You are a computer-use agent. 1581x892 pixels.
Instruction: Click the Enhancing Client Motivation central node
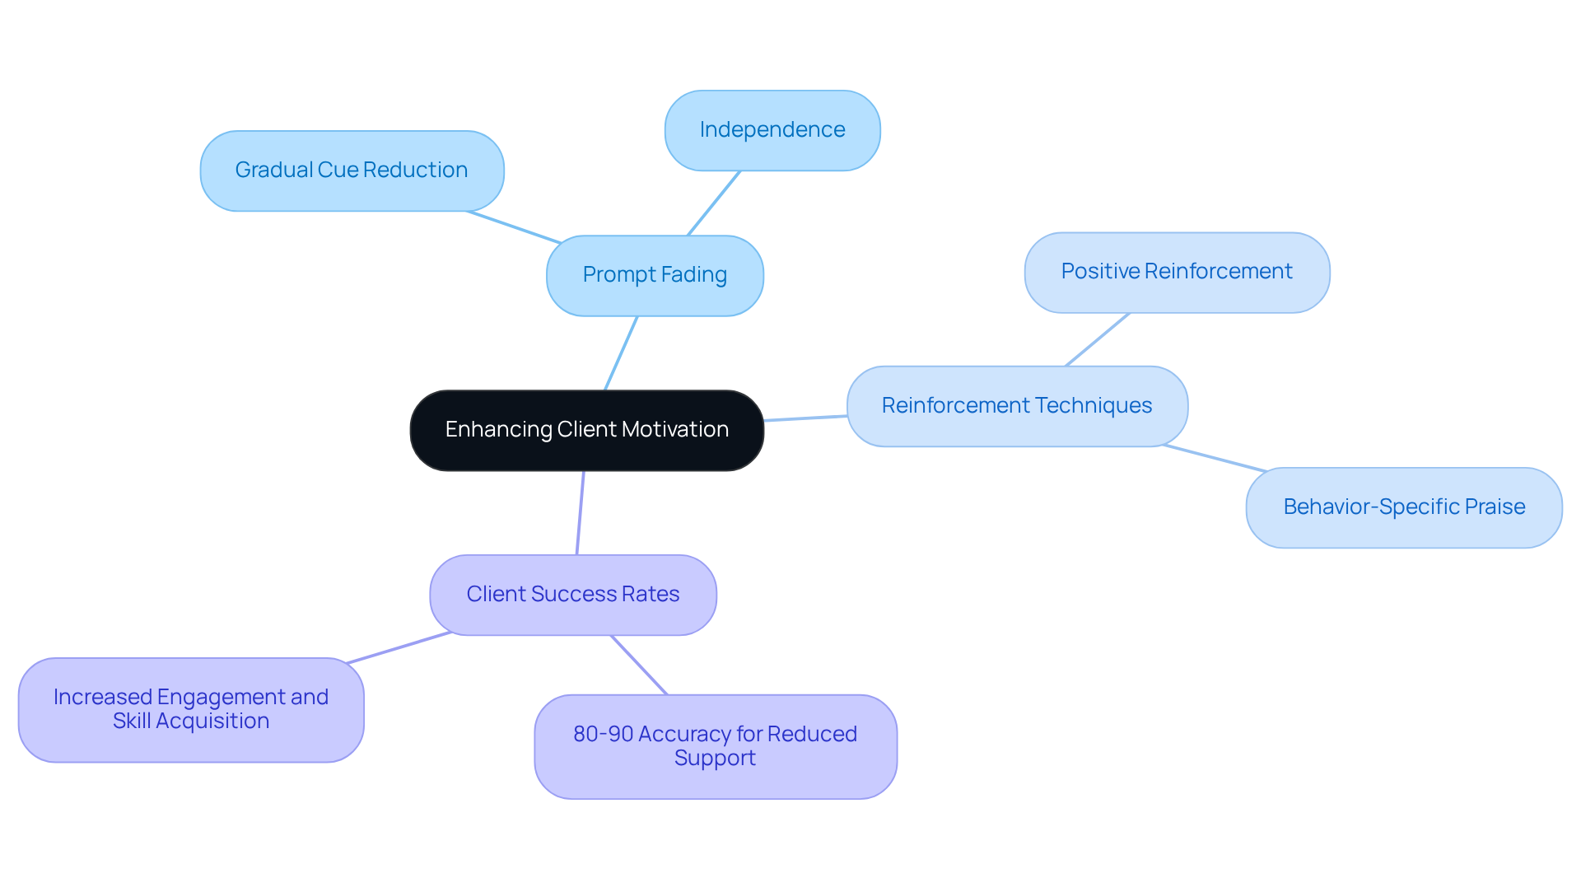586,430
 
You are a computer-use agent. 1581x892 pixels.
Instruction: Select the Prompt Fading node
655,275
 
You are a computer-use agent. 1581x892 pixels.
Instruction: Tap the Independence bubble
772,130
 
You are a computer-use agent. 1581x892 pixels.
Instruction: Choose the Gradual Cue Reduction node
352,170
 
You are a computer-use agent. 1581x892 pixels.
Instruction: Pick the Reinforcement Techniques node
1016,406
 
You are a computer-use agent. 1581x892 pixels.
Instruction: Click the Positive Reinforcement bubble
1176,272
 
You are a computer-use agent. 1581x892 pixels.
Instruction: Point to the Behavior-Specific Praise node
1403,507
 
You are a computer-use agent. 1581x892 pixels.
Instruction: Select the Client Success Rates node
572,595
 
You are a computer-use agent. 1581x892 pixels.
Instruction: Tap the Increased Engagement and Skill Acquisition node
191,709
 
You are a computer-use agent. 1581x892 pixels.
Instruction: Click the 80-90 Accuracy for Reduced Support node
715,746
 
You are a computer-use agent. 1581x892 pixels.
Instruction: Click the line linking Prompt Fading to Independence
714,203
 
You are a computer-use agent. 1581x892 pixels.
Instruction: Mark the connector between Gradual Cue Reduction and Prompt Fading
514,227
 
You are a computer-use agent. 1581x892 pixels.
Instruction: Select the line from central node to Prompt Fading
621,353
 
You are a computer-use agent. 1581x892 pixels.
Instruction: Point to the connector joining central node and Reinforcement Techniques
805,418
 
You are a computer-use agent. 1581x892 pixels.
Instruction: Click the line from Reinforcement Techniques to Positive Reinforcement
1097,339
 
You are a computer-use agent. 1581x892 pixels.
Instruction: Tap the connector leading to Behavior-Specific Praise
1215,458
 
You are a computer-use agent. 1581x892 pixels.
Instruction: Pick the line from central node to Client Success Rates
580,512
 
